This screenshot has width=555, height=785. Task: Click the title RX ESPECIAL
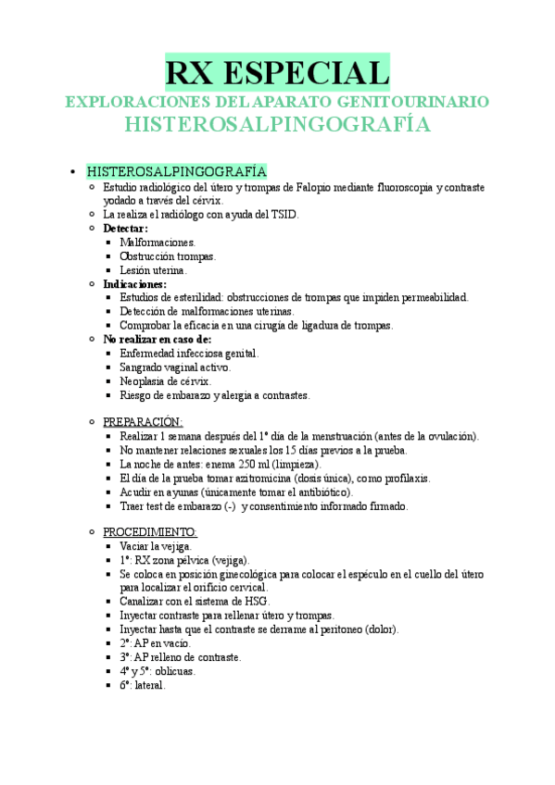[x=277, y=72]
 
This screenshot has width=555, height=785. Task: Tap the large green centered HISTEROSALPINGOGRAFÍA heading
[x=277, y=125]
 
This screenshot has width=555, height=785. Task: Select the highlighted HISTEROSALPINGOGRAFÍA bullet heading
[x=176, y=172]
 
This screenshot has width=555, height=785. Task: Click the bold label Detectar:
[x=125, y=229]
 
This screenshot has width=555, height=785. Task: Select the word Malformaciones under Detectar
[x=158, y=243]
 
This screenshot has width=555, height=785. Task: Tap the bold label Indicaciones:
[x=134, y=284]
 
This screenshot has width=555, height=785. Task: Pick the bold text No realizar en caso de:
[x=158, y=340]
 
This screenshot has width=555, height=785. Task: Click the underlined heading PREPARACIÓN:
[x=143, y=422]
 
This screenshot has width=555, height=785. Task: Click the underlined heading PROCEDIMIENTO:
[x=149, y=533]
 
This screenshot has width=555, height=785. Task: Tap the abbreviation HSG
[x=254, y=602]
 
